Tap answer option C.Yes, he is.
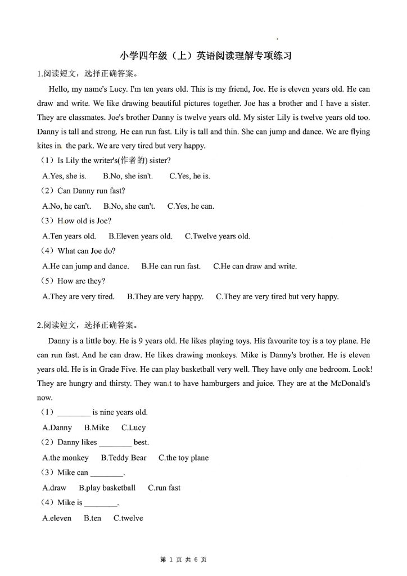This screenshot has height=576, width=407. [x=189, y=176]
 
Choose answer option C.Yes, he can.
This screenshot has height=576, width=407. [x=191, y=206]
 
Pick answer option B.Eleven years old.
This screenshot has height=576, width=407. [x=140, y=236]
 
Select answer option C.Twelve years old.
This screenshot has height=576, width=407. [x=218, y=236]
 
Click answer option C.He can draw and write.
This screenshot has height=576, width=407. [x=255, y=267]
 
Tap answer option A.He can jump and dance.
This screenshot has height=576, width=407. [x=85, y=267]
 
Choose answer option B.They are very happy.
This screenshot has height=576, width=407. [x=165, y=296]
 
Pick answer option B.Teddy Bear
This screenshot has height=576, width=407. [x=124, y=458]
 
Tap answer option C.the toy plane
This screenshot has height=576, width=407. [x=183, y=458]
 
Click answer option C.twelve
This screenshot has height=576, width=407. [x=128, y=518]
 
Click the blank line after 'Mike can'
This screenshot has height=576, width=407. [x=106, y=474]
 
